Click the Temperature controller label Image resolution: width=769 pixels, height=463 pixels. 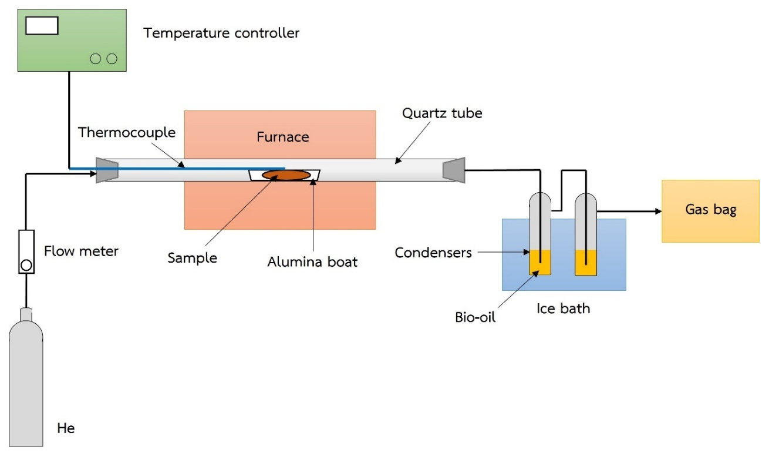coord(221,33)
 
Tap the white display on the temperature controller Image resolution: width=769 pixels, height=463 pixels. coord(42,26)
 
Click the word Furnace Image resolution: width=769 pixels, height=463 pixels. coord(282,137)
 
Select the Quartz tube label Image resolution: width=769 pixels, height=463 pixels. coord(442,113)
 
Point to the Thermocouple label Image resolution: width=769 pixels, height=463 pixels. coord(127,133)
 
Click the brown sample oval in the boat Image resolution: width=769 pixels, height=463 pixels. coord(286,175)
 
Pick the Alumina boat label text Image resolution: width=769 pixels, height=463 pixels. coord(312,262)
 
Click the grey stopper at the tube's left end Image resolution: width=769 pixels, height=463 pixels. coord(107,170)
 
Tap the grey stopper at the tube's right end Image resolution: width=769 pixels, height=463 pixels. coord(454,170)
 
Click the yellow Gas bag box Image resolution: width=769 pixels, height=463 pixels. coord(710,210)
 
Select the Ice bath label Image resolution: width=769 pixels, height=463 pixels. coord(563,308)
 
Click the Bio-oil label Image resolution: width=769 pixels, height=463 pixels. coord(475,318)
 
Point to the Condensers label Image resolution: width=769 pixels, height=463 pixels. coord(433,253)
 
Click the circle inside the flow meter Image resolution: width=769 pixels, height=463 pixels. coord(26,265)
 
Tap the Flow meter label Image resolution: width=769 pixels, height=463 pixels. coord(81,251)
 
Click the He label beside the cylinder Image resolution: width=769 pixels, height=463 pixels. coord(66,428)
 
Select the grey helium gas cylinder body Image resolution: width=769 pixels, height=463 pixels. coord(26,388)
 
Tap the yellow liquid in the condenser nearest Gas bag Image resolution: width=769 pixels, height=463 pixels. coord(585,263)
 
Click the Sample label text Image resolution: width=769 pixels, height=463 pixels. coord(192,258)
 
